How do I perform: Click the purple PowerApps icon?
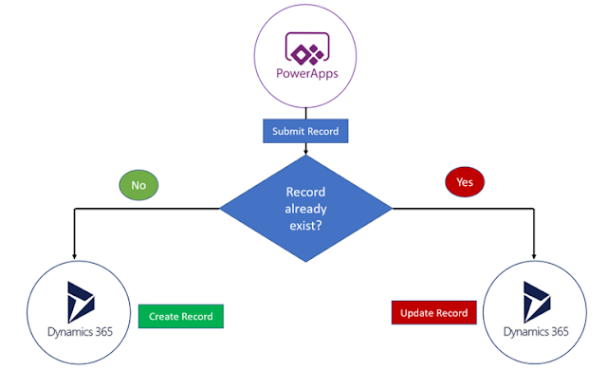[304, 48]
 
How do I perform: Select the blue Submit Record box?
[304, 131]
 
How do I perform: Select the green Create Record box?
[180, 315]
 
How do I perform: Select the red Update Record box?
[433, 312]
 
